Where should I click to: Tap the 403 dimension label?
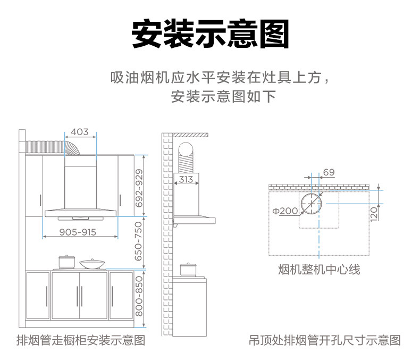point(79,132)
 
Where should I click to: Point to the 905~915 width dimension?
point(78,232)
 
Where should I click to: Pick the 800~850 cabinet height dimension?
point(139,295)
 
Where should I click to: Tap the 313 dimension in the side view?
point(186,179)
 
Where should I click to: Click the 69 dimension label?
point(329,172)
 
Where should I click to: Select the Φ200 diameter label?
point(285,211)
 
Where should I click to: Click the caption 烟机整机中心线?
point(319,270)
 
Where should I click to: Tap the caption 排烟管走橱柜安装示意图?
point(81,340)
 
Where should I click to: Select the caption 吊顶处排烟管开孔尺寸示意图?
point(325,340)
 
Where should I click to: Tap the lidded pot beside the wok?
point(66,262)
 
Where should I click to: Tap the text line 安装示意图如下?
point(224,97)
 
